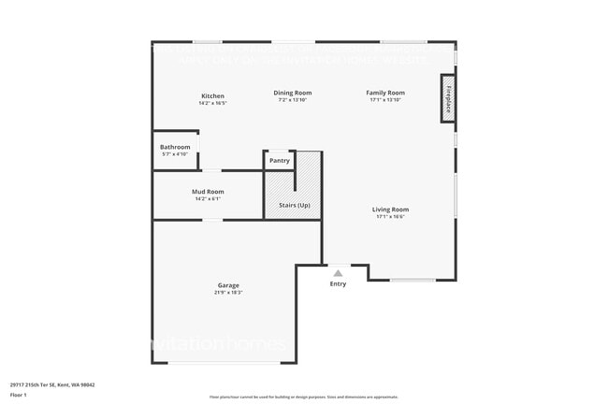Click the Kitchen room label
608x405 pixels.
(x=212, y=95)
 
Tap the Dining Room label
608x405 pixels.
(x=293, y=93)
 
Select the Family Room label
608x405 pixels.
(x=384, y=93)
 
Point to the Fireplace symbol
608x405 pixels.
(x=448, y=98)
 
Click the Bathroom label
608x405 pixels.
(x=175, y=147)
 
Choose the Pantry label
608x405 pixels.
(x=279, y=161)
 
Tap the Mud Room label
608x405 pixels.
(x=208, y=191)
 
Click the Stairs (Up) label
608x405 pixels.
(x=295, y=205)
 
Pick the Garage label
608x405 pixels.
(x=228, y=285)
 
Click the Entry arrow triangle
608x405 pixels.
(x=338, y=273)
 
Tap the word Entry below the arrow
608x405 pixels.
(x=338, y=284)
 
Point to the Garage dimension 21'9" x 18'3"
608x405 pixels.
(x=229, y=293)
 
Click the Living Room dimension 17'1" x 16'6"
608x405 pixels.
(x=390, y=217)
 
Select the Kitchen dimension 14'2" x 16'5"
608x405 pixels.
(x=212, y=103)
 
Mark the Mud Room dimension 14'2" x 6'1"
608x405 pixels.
(x=208, y=198)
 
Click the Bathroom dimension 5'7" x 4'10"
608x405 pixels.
(x=175, y=154)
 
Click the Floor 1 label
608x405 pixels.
(x=19, y=396)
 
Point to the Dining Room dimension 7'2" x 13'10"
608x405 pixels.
(x=293, y=100)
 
